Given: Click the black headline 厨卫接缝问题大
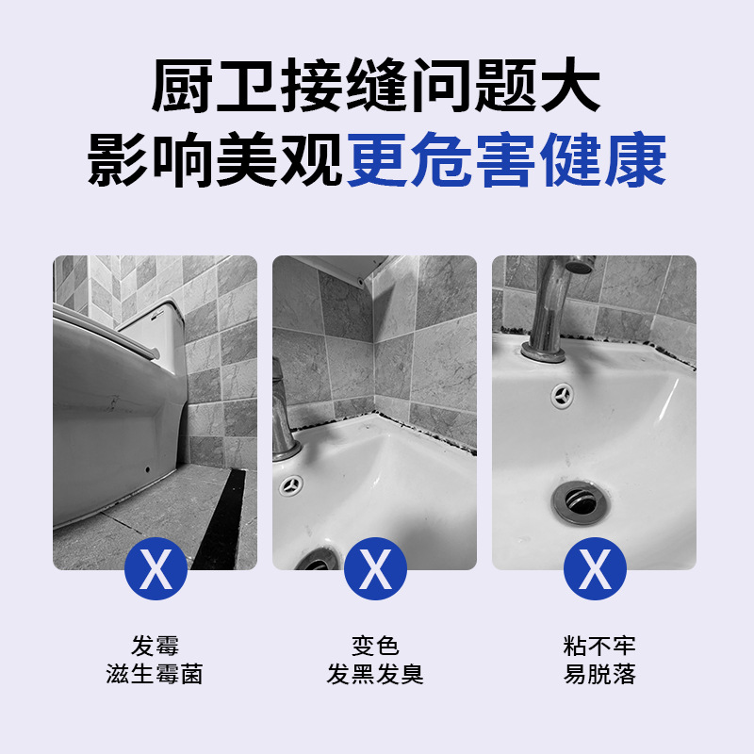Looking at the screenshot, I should tap(376, 89).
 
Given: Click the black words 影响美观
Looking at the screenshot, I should tap(216, 161).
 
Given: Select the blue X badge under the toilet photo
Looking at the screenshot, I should tap(156, 568).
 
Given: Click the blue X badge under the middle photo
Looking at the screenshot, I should tap(375, 568).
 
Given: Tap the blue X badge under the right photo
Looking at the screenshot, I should tap(595, 568).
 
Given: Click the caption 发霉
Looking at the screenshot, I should tap(155, 647).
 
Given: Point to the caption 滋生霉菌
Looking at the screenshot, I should tap(155, 675).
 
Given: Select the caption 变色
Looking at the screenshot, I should tap(375, 647).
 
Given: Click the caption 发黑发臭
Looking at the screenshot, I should tap(375, 675).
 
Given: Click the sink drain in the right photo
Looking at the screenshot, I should tap(576, 500).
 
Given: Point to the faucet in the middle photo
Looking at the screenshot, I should tap(284, 415).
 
